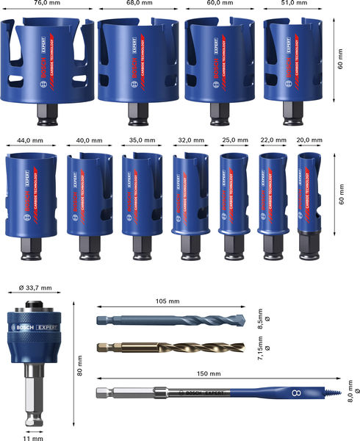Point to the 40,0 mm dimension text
click(x=87, y=140)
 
